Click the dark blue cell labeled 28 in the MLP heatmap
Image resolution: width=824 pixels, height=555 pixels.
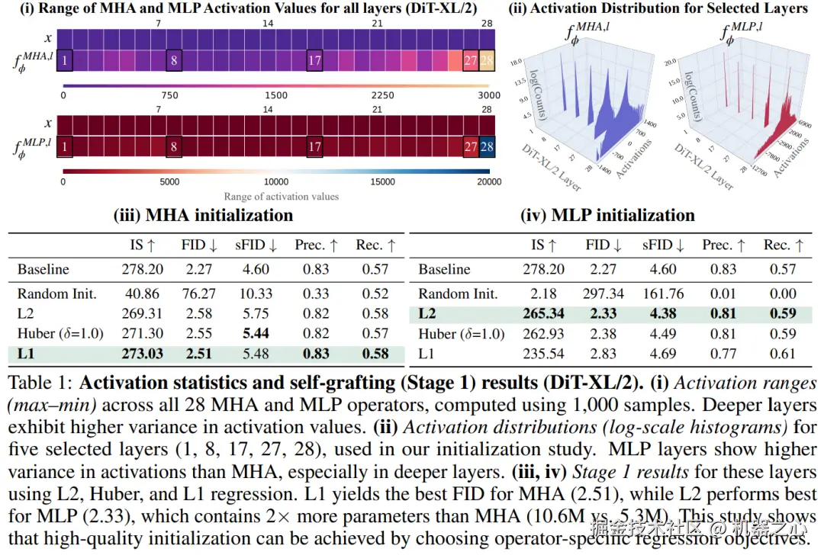pyautogui.click(x=487, y=146)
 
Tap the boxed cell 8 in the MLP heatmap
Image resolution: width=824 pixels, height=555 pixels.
pyautogui.click(x=175, y=146)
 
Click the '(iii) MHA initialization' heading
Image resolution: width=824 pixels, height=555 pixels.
pyautogui.click(x=203, y=215)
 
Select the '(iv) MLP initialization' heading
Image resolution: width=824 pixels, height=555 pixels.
pyautogui.click(x=607, y=215)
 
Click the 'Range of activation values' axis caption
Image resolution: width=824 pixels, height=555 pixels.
pyautogui.click(x=282, y=196)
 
